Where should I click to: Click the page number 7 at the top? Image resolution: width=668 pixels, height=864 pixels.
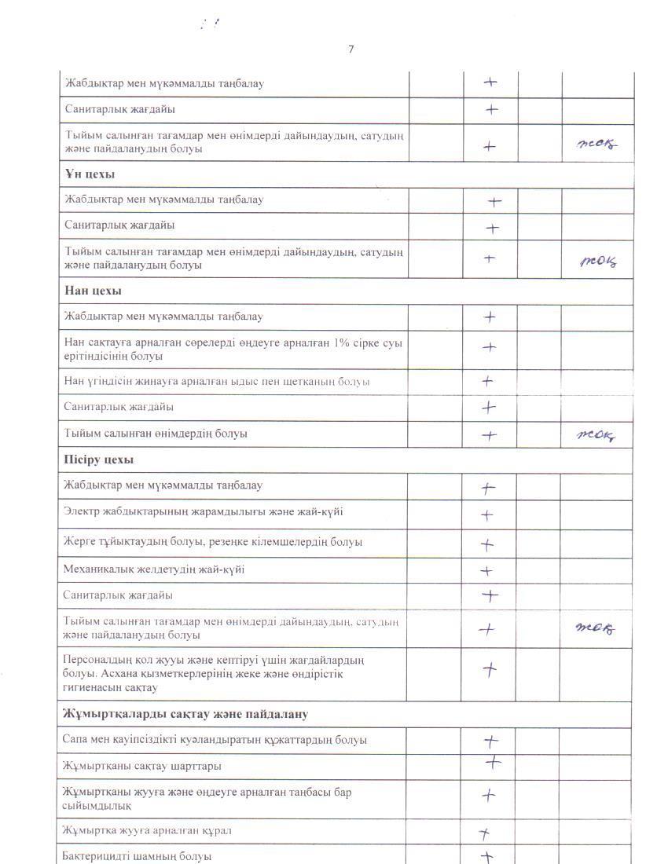[x=351, y=49]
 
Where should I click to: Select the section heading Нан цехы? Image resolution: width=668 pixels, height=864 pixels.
[x=93, y=291]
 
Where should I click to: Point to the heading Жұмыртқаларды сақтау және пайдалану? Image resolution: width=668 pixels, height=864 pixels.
[x=185, y=714]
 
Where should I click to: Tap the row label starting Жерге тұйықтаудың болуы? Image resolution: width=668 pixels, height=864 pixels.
[x=212, y=542]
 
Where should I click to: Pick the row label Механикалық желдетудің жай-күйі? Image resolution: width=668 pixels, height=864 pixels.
[x=153, y=569]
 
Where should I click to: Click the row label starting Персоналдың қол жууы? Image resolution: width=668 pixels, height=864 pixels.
[x=212, y=673]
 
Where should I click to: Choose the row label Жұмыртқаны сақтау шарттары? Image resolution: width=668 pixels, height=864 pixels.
[x=141, y=766]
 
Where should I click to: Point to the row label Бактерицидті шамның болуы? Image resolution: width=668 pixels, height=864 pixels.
[x=137, y=856]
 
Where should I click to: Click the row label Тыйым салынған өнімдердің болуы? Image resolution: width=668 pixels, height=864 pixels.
[x=156, y=434]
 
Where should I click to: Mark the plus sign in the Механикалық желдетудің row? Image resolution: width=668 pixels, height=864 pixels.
[x=486, y=571]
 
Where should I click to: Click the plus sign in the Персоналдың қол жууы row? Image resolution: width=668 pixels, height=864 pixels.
[x=490, y=670]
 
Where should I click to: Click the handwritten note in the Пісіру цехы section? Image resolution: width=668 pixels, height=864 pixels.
[x=595, y=628]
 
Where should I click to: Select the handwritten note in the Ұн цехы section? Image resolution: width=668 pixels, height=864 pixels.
[x=598, y=262]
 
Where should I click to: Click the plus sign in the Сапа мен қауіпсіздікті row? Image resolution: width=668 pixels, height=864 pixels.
[x=490, y=741]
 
